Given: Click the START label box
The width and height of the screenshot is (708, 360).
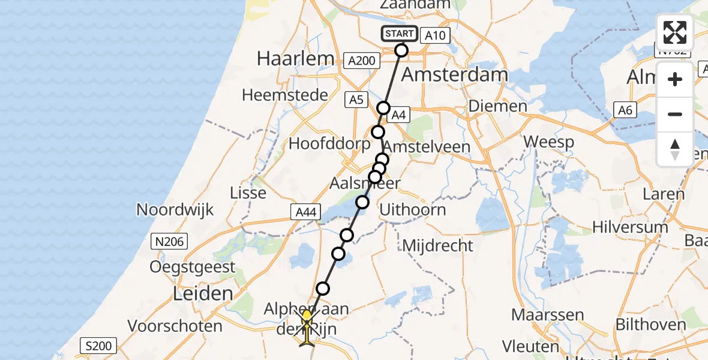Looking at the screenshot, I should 399,34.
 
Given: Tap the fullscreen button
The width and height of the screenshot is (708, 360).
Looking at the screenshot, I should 675,32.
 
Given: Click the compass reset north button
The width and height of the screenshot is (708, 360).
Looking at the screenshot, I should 675,149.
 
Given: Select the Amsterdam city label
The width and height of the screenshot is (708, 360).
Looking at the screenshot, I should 454,75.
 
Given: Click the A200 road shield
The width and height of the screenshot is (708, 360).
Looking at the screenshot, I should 362,60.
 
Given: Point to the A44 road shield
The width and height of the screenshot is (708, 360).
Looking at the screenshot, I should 306,212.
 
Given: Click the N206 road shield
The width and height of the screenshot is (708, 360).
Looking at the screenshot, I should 169,242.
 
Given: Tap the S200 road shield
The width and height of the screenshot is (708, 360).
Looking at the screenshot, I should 98,346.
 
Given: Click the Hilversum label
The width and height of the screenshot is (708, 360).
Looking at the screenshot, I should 629,227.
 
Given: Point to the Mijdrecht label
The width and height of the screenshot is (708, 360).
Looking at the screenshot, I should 437,245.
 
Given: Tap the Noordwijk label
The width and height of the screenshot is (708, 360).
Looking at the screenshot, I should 175,209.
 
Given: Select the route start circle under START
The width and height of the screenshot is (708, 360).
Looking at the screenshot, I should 401,50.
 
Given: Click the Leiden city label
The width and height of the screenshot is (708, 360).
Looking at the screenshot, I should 202,294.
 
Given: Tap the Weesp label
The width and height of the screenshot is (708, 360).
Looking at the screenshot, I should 548,143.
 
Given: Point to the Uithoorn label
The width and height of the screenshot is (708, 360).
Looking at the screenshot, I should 413,209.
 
